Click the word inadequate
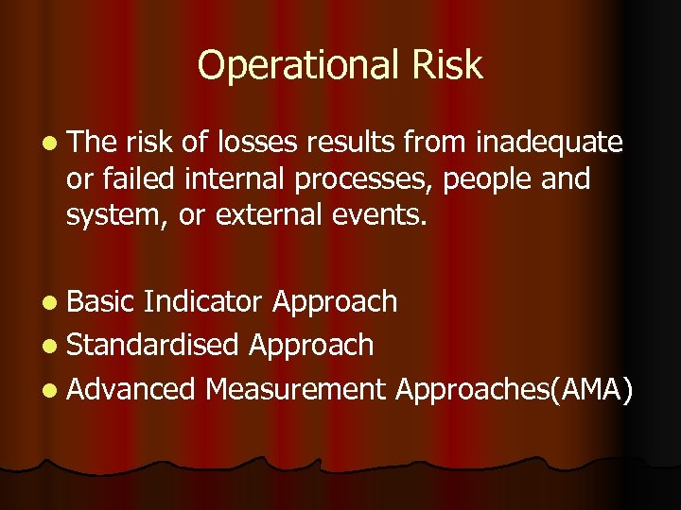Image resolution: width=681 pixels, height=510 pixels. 550,143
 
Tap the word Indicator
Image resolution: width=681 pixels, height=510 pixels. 203,302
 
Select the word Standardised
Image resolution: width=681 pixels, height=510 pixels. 153,346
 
